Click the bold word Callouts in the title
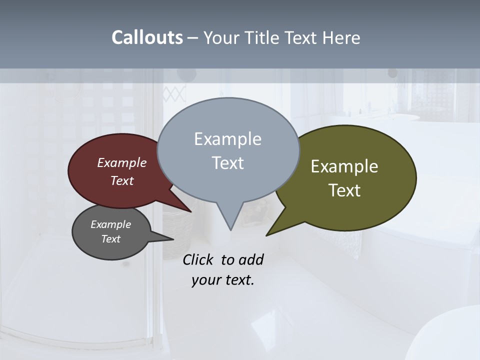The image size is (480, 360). (x=147, y=37)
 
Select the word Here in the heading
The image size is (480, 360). (x=341, y=37)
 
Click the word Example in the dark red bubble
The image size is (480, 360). (x=121, y=162)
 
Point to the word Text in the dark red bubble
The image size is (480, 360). (x=121, y=180)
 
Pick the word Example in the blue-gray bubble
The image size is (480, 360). (x=227, y=138)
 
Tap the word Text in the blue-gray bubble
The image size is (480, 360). (x=227, y=162)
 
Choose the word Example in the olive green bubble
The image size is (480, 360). (x=344, y=166)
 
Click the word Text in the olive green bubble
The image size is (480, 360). (x=344, y=190)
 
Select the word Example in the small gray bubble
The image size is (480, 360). (x=110, y=224)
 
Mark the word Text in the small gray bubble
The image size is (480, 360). (x=110, y=239)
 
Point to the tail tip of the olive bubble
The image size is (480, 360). (x=268, y=233)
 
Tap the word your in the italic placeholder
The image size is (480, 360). (x=206, y=280)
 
